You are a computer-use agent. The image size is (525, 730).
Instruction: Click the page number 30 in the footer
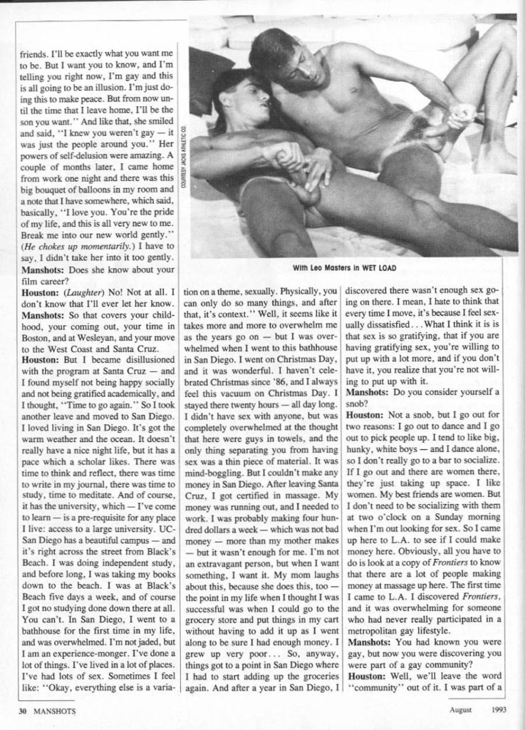coord(23,709)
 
